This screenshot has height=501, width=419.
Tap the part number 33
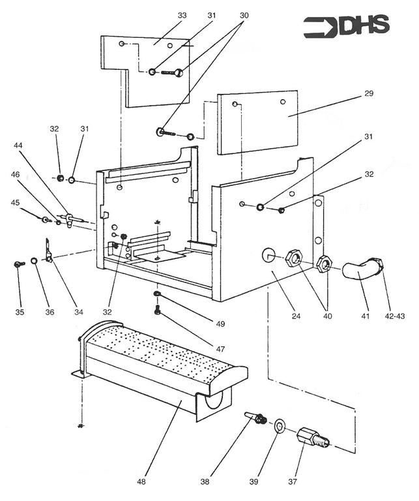point(181,14)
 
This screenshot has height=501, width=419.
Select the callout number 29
point(369,94)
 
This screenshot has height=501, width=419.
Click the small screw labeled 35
point(18,264)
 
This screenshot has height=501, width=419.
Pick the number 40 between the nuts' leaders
point(326,316)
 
